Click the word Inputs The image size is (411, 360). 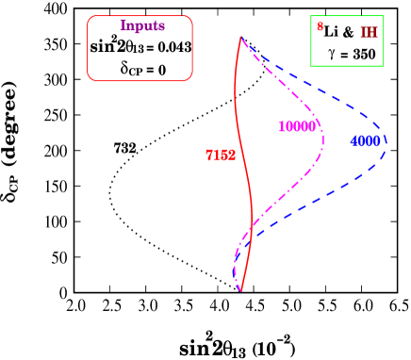(x=142, y=26)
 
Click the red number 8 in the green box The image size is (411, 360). (x=321, y=27)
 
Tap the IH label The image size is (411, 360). (x=369, y=32)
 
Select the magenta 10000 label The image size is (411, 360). (x=297, y=127)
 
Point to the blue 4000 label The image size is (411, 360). (x=365, y=141)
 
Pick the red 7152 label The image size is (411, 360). (x=221, y=155)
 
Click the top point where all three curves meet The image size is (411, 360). (x=241, y=37)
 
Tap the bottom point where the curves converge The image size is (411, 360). (x=240, y=290)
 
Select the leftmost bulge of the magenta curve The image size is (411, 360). (x=234, y=269)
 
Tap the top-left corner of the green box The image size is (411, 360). (x=311, y=16)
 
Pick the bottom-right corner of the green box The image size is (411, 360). (x=383, y=67)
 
